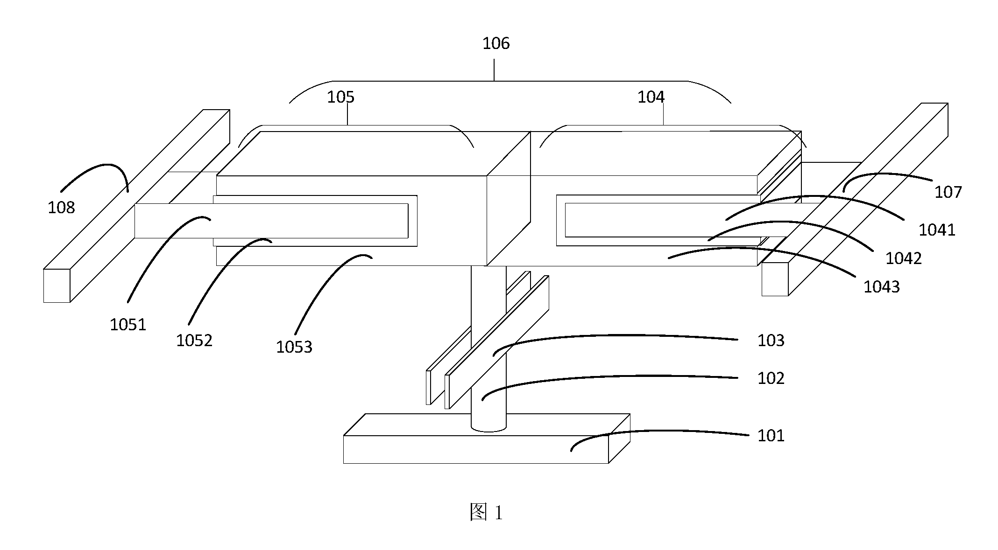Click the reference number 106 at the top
pos(496,44)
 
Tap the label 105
pos(340,97)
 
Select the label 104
pos(651,97)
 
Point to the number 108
pos(61,208)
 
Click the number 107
pos(948,192)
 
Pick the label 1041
pos(937,230)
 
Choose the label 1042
pos(904,258)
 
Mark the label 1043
pos(881,287)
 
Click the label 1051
pos(128,325)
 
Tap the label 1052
pos(194,341)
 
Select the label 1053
pos(294,347)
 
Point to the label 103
pos(771,341)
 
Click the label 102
pos(771,378)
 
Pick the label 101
pos(771,436)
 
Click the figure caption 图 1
pos(486,513)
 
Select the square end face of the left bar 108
pos(57,285)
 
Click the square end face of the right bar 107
pos(775,279)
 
